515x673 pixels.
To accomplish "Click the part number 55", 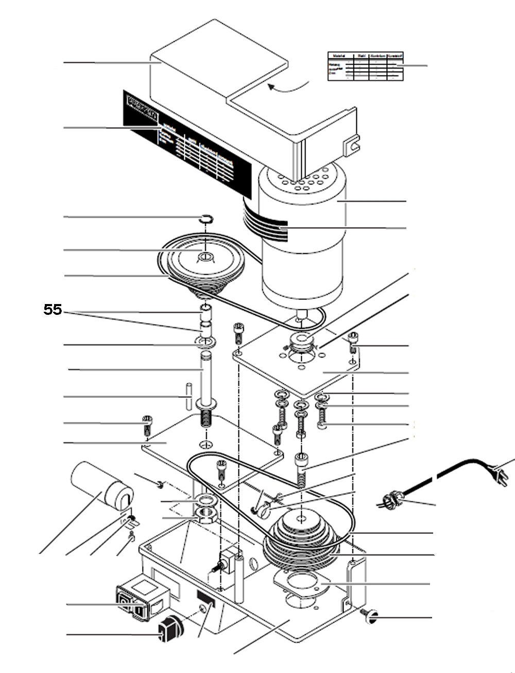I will [53, 309].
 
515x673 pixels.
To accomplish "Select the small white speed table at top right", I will [365, 66].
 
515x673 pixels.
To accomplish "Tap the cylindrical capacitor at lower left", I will [102, 484].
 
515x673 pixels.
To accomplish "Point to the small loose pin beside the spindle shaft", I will [189, 396].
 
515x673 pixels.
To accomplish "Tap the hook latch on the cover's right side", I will [352, 144].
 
